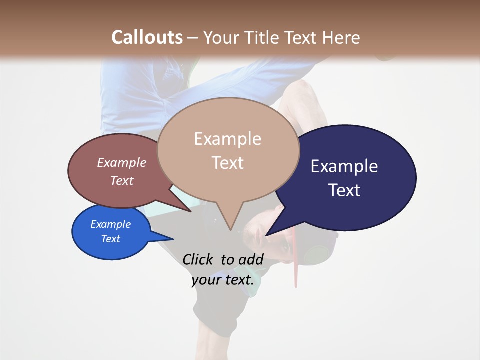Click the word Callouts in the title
pyautogui.click(x=147, y=37)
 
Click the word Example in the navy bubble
pyautogui.click(x=344, y=166)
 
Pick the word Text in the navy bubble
pyautogui.click(x=344, y=190)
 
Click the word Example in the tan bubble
pyautogui.click(x=227, y=139)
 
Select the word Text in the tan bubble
pyautogui.click(x=228, y=163)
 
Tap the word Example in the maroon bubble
pyautogui.click(x=121, y=163)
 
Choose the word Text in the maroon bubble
pyautogui.click(x=122, y=180)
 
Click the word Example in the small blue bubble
pyautogui.click(x=110, y=224)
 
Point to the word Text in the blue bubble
pyautogui.click(x=110, y=239)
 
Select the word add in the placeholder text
pyautogui.click(x=251, y=260)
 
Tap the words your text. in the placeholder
pyautogui.click(x=223, y=280)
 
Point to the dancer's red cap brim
pyautogui.click(x=295, y=260)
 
